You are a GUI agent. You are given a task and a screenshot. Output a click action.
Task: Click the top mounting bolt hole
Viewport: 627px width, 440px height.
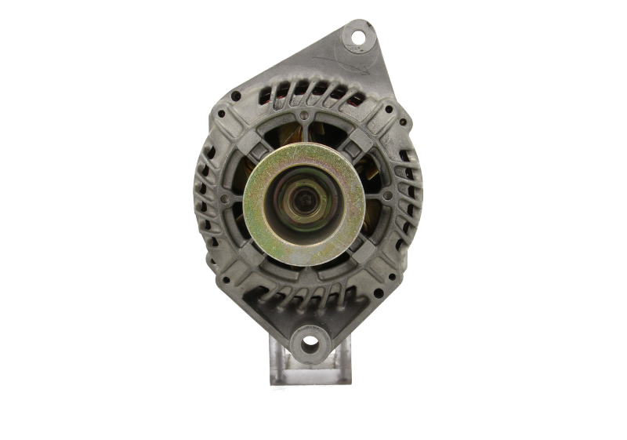(x=358, y=37)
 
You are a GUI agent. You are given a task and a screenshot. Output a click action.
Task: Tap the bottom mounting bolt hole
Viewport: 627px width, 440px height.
(x=310, y=342)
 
